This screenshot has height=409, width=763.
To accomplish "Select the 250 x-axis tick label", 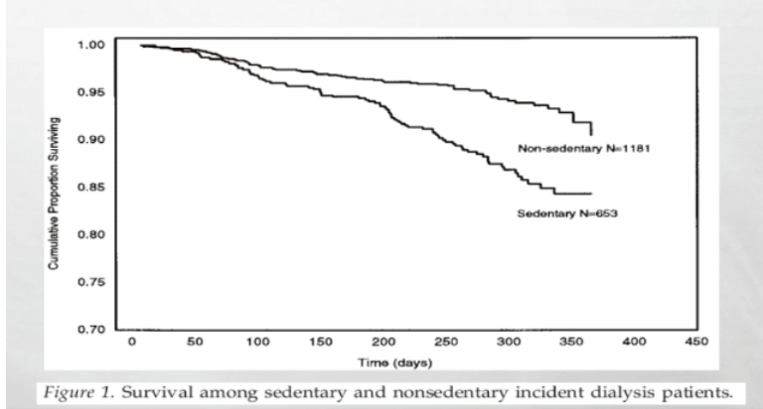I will click(446, 342).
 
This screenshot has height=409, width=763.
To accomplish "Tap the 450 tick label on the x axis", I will click(697, 342).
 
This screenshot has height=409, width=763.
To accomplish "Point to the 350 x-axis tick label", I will click(571, 342).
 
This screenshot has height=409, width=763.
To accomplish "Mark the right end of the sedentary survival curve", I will click(591, 194).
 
